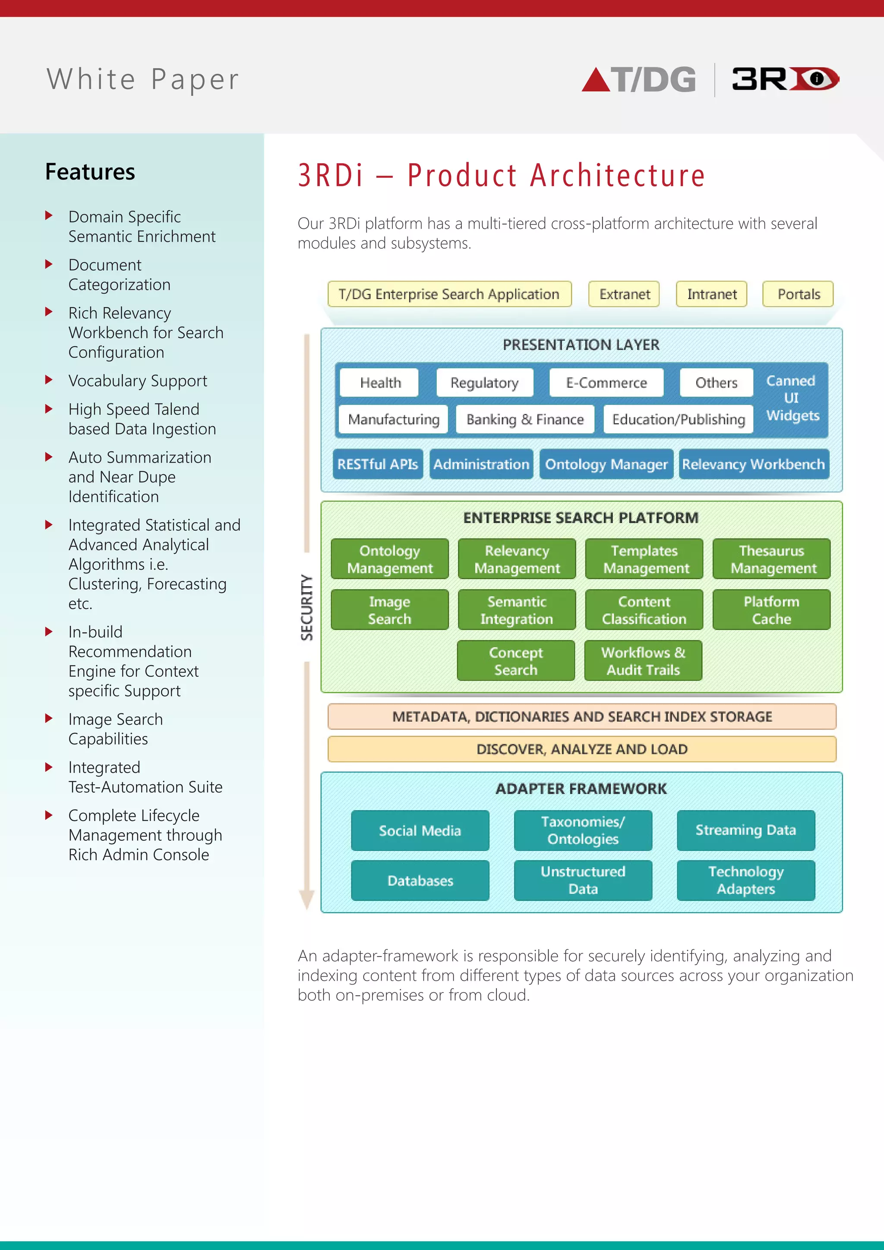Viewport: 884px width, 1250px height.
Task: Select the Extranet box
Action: coord(624,294)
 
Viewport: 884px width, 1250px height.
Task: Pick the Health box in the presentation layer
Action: coord(379,383)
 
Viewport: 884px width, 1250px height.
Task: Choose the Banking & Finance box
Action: coord(525,419)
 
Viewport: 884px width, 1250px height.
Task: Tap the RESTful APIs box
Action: coord(377,464)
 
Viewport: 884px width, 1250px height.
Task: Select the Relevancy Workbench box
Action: coord(753,464)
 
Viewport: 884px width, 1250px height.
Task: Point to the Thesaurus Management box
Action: coord(771,559)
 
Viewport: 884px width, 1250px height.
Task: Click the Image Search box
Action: coord(389,610)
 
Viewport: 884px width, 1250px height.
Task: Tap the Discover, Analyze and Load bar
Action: coord(581,749)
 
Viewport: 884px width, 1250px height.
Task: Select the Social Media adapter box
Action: coord(420,830)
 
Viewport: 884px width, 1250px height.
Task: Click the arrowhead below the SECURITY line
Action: coord(307,899)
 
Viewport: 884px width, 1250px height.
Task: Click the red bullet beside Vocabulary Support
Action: coord(49,379)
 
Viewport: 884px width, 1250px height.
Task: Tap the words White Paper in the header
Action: coord(142,79)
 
